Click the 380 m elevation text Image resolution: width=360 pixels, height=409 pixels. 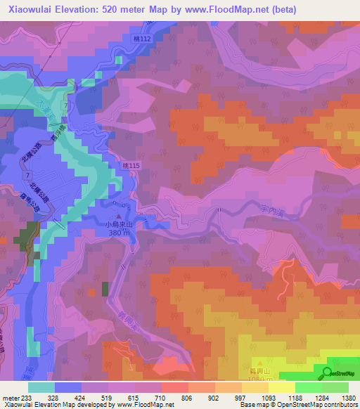[x=119, y=233]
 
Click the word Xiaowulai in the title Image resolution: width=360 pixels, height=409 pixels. [x=26, y=10]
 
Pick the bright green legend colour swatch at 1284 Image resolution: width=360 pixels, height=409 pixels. [x=308, y=387]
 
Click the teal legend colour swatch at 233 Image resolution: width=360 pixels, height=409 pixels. [x=41, y=387]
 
